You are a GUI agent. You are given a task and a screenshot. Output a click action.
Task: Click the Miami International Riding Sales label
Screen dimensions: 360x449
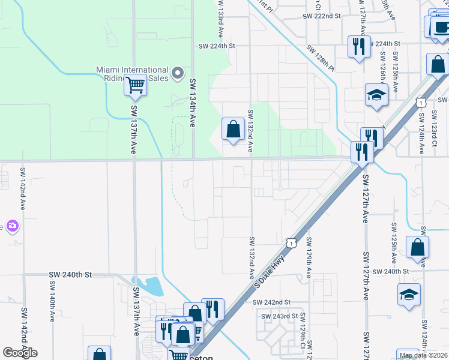point(133,74)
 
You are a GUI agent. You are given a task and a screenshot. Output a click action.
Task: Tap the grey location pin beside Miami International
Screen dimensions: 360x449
point(178,73)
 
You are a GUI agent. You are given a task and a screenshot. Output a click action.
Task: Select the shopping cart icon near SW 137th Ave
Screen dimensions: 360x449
point(136,86)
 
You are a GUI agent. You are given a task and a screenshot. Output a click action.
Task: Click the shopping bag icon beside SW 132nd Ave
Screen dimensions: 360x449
point(232,129)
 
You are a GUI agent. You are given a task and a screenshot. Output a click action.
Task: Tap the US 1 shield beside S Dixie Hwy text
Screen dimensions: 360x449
point(291,242)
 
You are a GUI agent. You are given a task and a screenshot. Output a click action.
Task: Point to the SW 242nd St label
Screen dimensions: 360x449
point(271,302)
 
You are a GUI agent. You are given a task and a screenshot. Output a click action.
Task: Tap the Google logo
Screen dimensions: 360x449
point(20,352)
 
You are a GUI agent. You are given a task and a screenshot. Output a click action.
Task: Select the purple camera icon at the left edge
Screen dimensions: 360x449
point(13,226)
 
